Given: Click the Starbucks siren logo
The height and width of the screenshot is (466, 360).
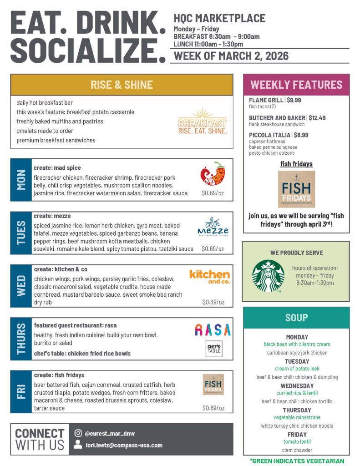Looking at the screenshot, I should pos(268,276).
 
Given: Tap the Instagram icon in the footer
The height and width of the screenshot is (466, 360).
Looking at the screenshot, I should pos(78,433).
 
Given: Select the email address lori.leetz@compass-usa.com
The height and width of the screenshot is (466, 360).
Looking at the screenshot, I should pos(124,445).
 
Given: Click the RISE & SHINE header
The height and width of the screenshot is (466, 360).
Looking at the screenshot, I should pos(122,85).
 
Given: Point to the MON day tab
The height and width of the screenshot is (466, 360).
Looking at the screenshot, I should pos(21,180).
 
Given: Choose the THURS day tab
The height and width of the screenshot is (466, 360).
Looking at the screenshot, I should pos(21,339).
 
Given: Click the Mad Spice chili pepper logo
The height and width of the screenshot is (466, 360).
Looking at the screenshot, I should pos(213,173).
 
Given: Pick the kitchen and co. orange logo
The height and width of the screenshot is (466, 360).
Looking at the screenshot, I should pos(209,276).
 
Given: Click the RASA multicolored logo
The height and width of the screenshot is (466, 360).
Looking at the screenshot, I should pos(213,329).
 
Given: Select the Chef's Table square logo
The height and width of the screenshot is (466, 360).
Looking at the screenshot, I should pos(214,349).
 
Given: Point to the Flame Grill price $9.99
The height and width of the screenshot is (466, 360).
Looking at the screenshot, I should pos(294,100).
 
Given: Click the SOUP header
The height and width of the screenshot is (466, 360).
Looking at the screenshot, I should pos(296,317).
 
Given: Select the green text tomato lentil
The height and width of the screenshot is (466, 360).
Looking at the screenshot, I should pos(297,441).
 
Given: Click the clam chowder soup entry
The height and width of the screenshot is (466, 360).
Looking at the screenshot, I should pos(296,450).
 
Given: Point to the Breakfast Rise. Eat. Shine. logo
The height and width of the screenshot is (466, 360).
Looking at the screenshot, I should pos(203,122).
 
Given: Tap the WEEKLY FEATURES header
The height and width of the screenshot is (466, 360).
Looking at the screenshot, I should pos(296,85).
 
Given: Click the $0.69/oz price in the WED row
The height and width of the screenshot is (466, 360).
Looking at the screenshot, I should pos(213,302).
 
